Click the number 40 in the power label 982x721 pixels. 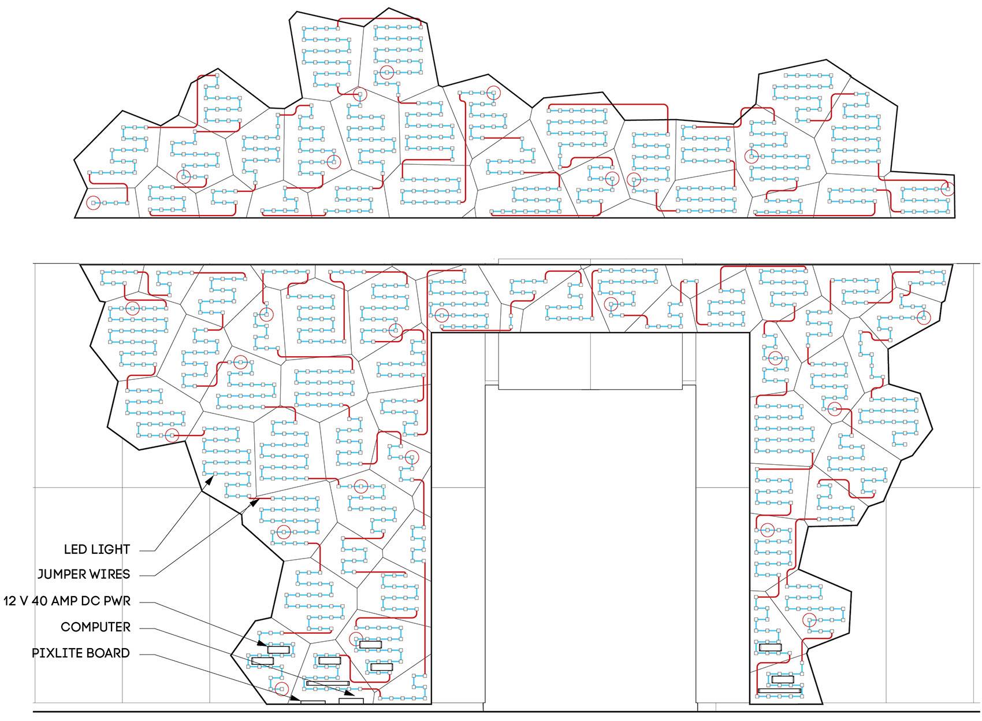(x=39, y=601)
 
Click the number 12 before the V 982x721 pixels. (x=10, y=601)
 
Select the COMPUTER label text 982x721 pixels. (x=95, y=627)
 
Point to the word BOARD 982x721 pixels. (x=108, y=653)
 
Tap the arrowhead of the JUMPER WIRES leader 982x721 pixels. (x=255, y=502)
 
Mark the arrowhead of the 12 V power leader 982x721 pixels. (x=262, y=644)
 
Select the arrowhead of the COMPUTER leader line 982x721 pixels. (x=350, y=693)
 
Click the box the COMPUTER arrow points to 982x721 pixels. (x=351, y=701)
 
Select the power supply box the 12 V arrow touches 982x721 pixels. (x=279, y=649)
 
